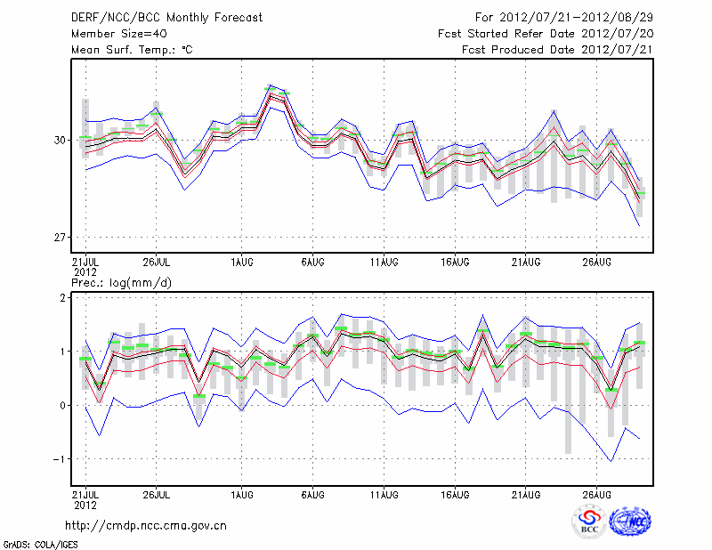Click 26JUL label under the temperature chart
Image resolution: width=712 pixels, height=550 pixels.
(157, 263)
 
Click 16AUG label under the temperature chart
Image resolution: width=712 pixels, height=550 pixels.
(455, 263)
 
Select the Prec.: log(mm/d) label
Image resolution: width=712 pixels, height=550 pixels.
(121, 283)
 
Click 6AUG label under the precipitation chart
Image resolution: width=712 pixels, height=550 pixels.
(312, 493)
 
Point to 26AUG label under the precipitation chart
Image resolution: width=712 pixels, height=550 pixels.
(597, 493)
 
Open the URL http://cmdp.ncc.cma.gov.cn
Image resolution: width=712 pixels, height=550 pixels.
(146, 525)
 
